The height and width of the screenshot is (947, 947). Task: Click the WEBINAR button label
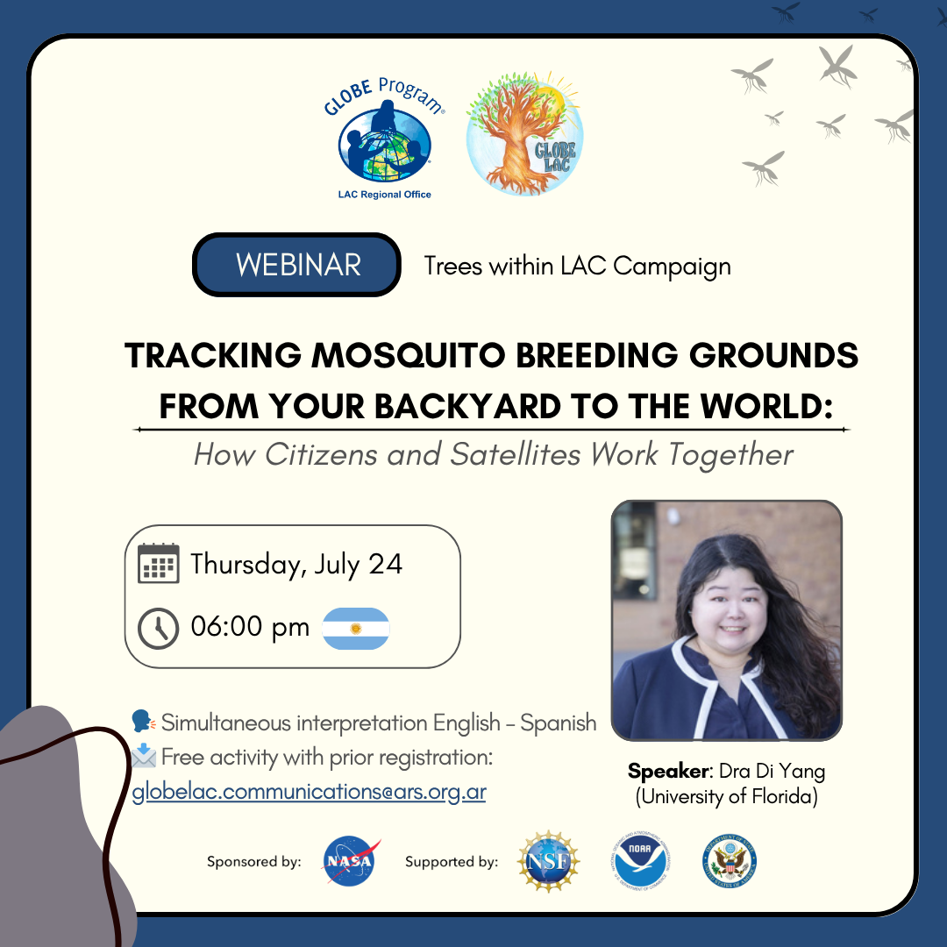point(298,265)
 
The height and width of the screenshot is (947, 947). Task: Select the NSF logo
point(548,861)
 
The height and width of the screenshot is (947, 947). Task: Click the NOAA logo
point(640,862)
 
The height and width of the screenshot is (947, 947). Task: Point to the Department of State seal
point(730,861)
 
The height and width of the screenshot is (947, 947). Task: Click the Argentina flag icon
point(356,629)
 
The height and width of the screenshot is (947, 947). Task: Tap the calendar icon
point(158,563)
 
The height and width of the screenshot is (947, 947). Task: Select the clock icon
point(158,629)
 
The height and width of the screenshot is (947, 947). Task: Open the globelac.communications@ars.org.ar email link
point(309,792)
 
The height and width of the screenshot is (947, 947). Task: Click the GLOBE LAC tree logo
point(524,133)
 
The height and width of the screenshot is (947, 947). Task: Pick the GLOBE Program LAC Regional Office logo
point(385,139)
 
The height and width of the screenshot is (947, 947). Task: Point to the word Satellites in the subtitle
point(516,454)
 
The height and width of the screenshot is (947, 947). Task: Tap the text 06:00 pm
point(250,627)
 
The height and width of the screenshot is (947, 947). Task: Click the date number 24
point(385,564)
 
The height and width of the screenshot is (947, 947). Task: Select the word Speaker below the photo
point(668,772)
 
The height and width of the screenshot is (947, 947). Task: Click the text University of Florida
point(727,796)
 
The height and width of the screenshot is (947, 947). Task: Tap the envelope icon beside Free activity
point(144,756)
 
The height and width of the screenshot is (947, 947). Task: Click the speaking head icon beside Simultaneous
point(144,722)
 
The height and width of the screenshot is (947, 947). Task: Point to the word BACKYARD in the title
point(468,407)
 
